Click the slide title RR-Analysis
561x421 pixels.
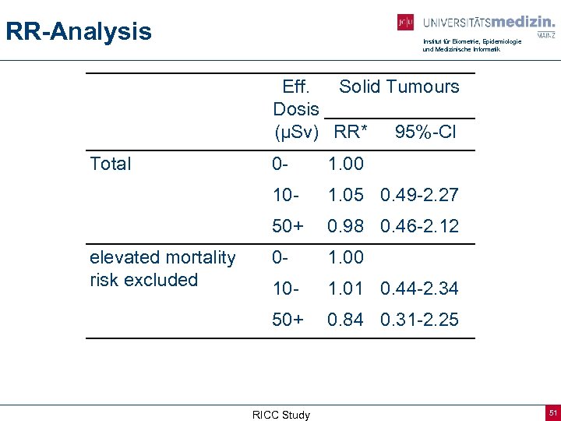(79, 32)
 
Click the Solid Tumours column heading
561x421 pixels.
(399, 87)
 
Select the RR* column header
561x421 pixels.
(350, 133)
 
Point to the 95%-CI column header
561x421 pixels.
(425, 133)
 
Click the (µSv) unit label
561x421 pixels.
(297, 133)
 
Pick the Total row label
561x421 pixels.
(111, 164)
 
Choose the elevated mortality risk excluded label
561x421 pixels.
(162, 268)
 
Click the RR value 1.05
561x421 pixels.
(346, 195)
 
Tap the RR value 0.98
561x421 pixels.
(346, 226)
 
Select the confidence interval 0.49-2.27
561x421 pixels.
(419, 195)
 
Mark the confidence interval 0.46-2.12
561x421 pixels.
(419, 226)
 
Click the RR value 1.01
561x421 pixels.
(346, 288)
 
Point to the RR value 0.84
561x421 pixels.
(346, 320)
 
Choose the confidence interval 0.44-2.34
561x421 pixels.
(419, 288)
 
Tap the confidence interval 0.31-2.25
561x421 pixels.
(419, 320)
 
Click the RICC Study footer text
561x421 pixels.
(280, 415)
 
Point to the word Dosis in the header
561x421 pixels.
(296, 109)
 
